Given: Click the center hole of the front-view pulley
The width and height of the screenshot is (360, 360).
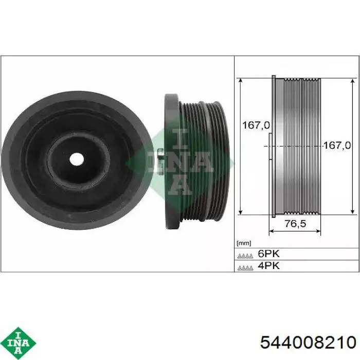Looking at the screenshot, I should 76,159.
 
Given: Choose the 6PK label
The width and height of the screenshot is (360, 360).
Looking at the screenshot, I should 269,254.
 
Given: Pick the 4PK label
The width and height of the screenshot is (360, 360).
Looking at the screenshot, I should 269,266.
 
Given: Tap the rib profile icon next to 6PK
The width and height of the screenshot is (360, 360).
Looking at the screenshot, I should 245,255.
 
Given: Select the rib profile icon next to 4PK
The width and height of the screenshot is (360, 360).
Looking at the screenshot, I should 245,267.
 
